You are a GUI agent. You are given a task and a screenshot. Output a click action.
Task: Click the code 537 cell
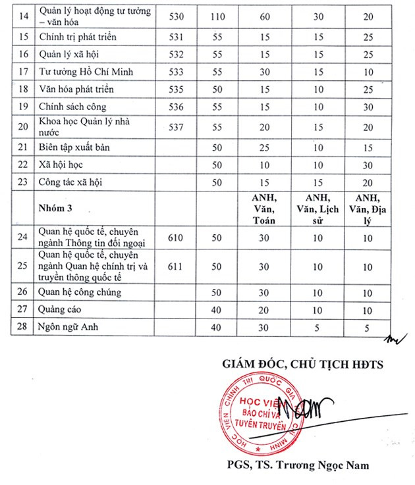[168, 126]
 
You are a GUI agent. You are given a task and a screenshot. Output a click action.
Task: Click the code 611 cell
[168, 266]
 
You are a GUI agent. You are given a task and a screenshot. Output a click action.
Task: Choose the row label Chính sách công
[72, 106]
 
